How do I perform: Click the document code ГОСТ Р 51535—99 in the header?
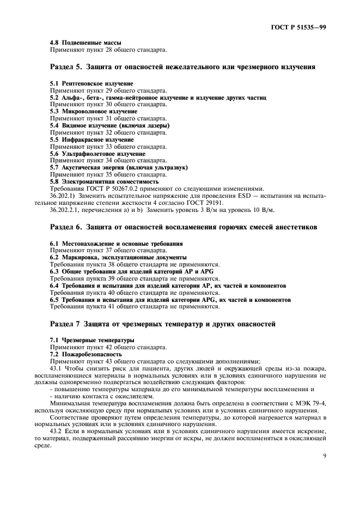tap(301, 26)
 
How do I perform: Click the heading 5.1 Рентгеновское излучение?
tap(91, 83)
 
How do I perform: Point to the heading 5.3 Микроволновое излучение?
tap(93, 111)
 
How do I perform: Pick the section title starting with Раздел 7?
tap(162, 324)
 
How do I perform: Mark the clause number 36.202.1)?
tap(64, 195)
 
